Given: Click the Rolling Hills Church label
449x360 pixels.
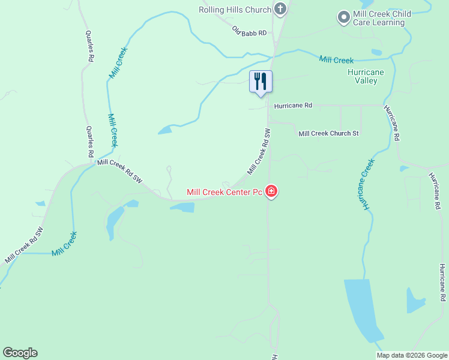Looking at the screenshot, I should tap(235, 10).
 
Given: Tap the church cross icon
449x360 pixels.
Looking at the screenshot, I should tap(280, 9).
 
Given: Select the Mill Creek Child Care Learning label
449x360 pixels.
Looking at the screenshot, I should tap(379, 18).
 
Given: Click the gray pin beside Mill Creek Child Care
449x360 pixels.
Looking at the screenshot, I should tap(343, 17).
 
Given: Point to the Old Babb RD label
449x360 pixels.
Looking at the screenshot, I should tap(249, 31).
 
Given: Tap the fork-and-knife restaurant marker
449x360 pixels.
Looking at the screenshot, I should tap(261, 81).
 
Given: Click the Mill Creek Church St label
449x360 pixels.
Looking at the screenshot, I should tap(328, 133).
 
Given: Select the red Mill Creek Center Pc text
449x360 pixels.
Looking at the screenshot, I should tap(224, 193).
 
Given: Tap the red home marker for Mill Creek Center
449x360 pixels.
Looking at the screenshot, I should tap(271, 192).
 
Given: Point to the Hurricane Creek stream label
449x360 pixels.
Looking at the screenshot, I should tap(366, 184).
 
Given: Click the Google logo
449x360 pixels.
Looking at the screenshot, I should tap(20, 353).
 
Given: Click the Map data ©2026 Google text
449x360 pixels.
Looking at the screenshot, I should tap(412, 355).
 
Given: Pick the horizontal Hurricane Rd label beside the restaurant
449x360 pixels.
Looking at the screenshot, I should tap(293, 106).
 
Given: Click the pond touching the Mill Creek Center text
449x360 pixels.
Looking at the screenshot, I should tap(182, 207).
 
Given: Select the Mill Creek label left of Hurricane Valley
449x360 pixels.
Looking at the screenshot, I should tap(336, 59).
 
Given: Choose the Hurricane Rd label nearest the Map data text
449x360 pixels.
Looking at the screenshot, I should tap(442, 282).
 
